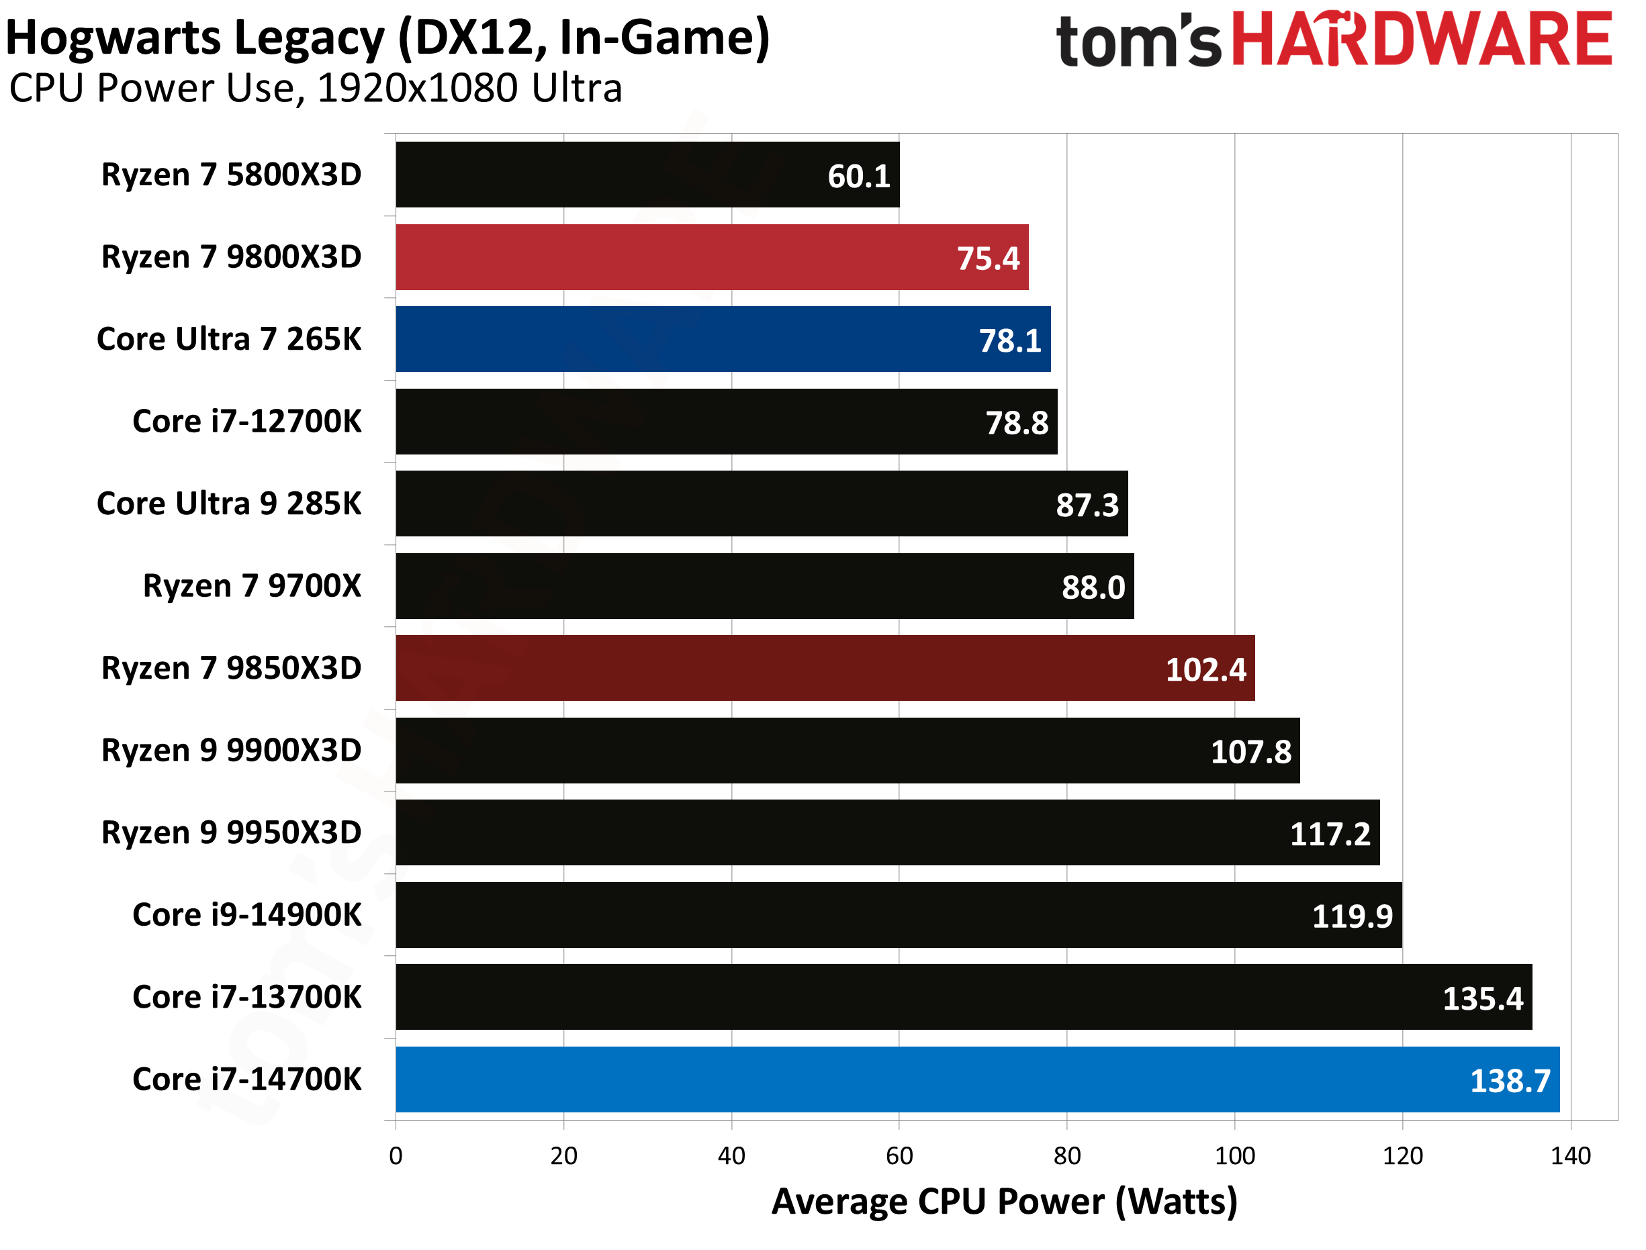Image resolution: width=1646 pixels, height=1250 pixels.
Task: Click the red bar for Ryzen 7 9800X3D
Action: click(x=711, y=256)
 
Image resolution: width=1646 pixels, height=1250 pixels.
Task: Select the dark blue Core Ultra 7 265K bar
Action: click(x=722, y=338)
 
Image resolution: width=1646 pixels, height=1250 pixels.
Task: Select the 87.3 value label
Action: click(x=1087, y=506)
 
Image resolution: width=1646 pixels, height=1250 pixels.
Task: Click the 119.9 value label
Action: click(x=1351, y=916)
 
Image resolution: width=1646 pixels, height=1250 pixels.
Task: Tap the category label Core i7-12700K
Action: click(x=246, y=421)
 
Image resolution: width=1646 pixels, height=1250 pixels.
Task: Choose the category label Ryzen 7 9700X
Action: click(x=252, y=585)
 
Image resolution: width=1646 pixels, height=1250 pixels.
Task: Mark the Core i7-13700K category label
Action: click(x=246, y=996)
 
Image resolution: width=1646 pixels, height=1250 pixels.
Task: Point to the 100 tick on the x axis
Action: click(x=1234, y=1155)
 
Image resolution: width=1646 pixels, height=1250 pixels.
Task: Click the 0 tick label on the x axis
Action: click(x=395, y=1155)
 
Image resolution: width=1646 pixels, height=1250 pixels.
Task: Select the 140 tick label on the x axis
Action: click(x=1570, y=1155)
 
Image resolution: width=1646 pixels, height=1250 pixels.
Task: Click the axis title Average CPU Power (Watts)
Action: click(x=1004, y=1201)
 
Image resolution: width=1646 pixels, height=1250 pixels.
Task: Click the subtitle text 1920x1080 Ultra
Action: click(x=469, y=88)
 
